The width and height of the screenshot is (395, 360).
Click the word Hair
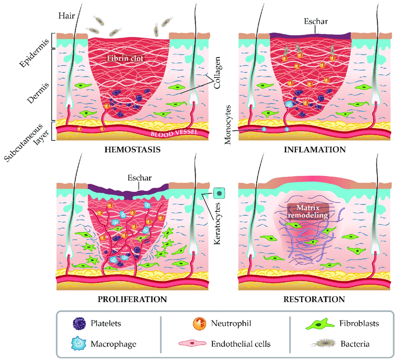[x=66, y=15]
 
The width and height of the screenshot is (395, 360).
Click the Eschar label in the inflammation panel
[x=315, y=22]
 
